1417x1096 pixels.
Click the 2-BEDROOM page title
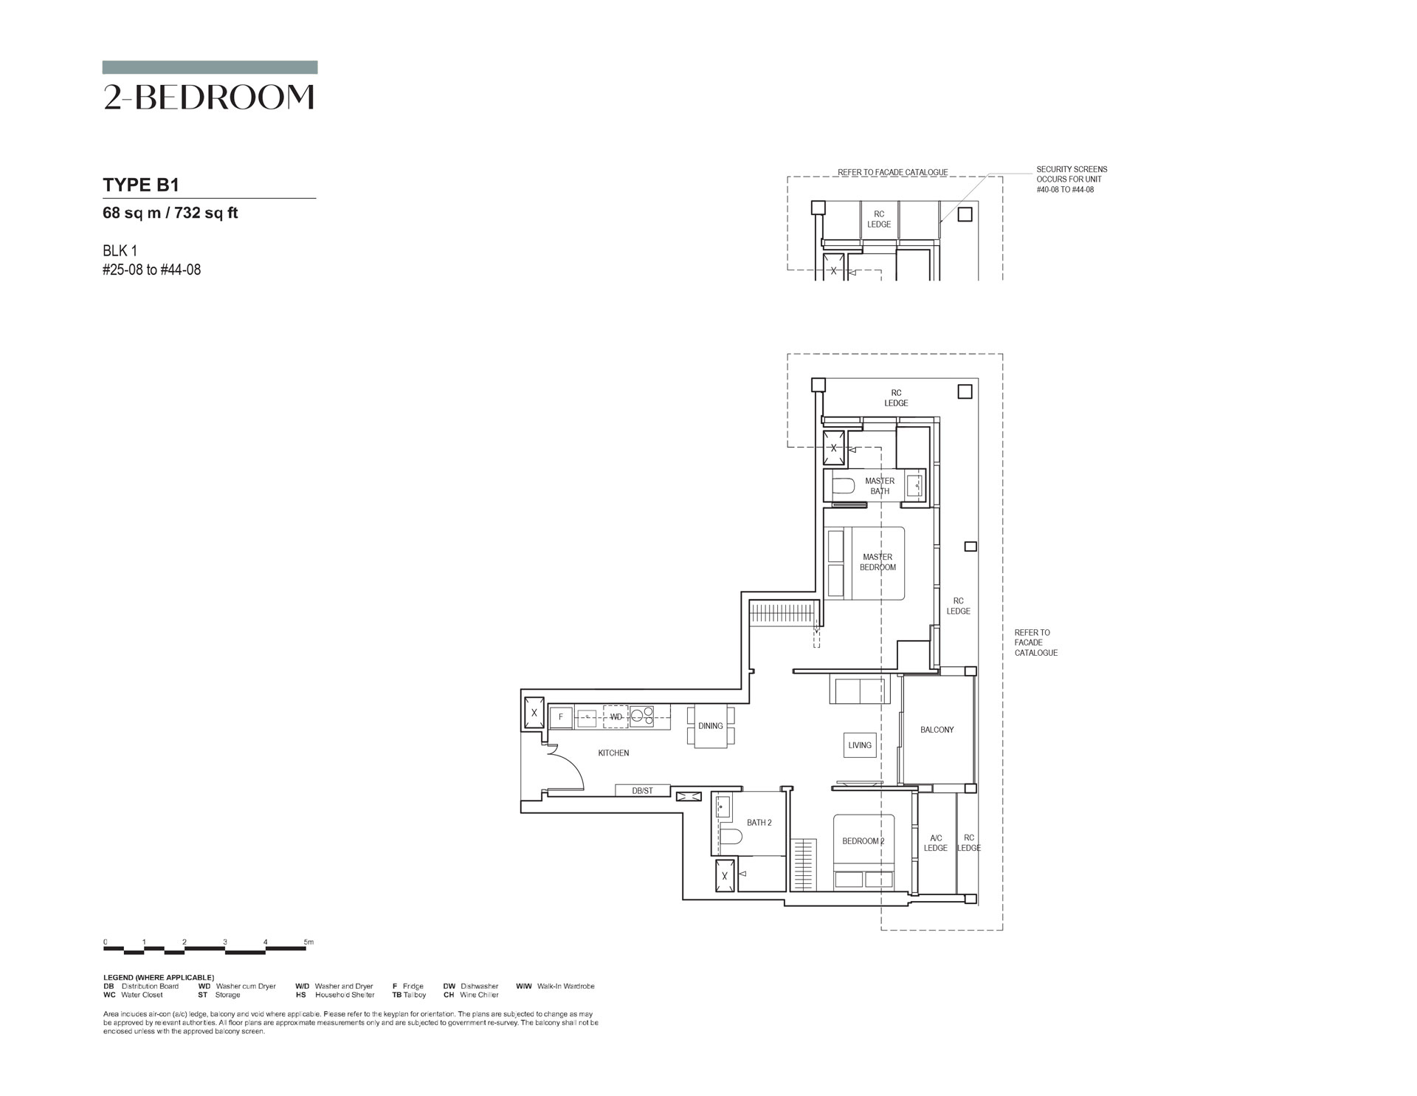(x=210, y=97)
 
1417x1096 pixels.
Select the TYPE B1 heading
(x=141, y=185)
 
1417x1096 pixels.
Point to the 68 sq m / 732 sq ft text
(x=170, y=213)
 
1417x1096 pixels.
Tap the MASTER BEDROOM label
(x=878, y=562)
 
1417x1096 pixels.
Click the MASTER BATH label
(x=880, y=486)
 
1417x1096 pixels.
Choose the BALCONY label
(x=937, y=730)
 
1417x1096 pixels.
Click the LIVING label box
(x=860, y=745)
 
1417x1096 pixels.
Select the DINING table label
(x=711, y=726)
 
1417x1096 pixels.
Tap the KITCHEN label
(x=613, y=753)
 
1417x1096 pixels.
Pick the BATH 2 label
(x=759, y=823)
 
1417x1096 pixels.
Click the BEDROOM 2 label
(x=863, y=841)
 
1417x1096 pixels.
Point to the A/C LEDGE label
(x=936, y=843)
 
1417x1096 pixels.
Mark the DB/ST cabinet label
(x=643, y=791)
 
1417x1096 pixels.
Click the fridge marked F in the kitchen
(x=561, y=717)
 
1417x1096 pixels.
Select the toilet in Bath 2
(x=731, y=837)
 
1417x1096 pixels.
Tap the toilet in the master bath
(x=841, y=486)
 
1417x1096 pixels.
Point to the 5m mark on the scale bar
(x=309, y=942)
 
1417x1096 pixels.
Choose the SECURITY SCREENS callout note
(x=1072, y=179)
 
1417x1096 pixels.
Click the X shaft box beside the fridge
(x=534, y=713)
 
